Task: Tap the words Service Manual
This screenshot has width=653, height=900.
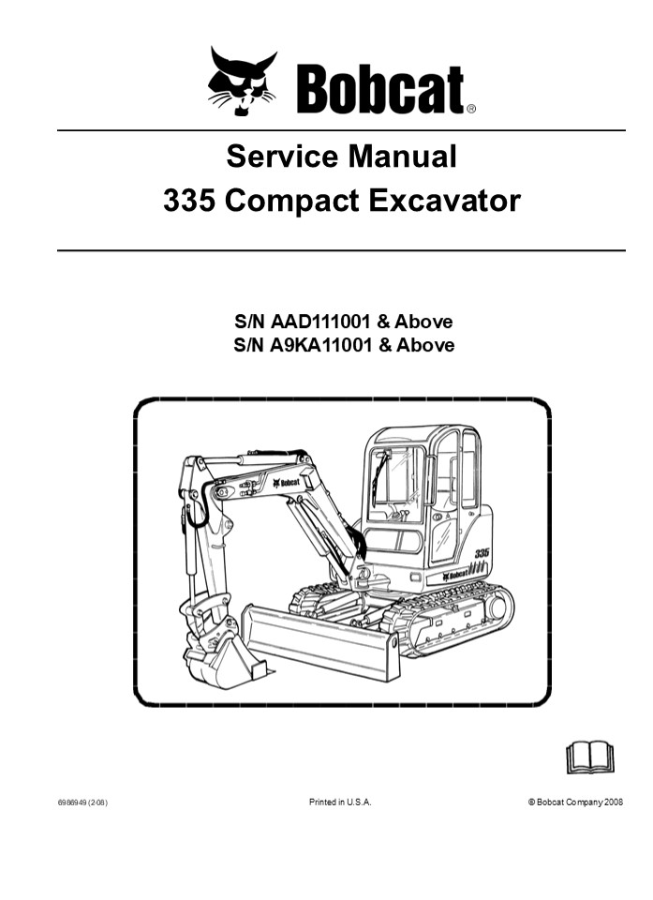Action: click(x=341, y=156)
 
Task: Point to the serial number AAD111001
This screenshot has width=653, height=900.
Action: click(x=322, y=322)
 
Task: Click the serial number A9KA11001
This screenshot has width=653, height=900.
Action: click(x=322, y=346)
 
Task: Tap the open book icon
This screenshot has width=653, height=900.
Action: click(x=589, y=756)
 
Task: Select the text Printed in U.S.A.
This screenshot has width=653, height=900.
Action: click(x=340, y=802)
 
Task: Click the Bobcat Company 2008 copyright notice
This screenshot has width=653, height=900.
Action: click(x=575, y=802)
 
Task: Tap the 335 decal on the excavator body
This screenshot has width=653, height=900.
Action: click(x=481, y=554)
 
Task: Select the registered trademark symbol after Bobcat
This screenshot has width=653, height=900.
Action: click(x=470, y=109)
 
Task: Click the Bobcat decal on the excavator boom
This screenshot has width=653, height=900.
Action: click(x=286, y=482)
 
